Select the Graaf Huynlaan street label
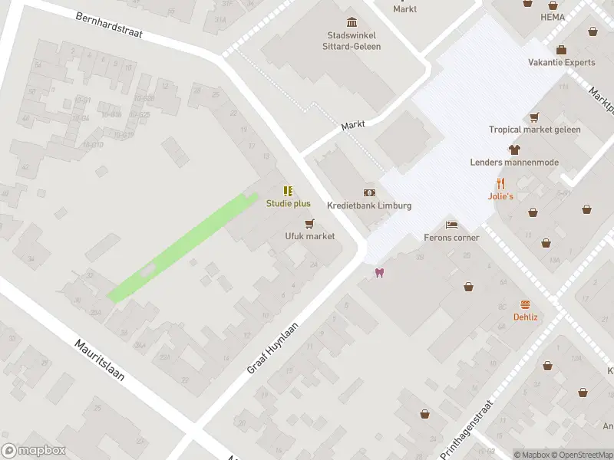tap(273, 348)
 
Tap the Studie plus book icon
tap(288, 191)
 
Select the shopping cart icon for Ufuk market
tap(310, 224)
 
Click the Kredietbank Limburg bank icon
tap(369, 193)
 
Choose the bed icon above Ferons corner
tap(452, 225)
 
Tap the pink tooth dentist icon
tap(378, 272)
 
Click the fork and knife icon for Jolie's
tap(500, 183)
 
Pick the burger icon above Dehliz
tap(526, 304)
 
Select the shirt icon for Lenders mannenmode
tap(514, 149)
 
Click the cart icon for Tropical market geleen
tap(535, 117)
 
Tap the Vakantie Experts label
tap(561, 63)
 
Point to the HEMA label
tap(552, 17)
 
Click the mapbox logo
tap(34, 451)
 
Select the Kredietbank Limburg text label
tap(369, 206)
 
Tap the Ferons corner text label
tap(451, 238)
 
